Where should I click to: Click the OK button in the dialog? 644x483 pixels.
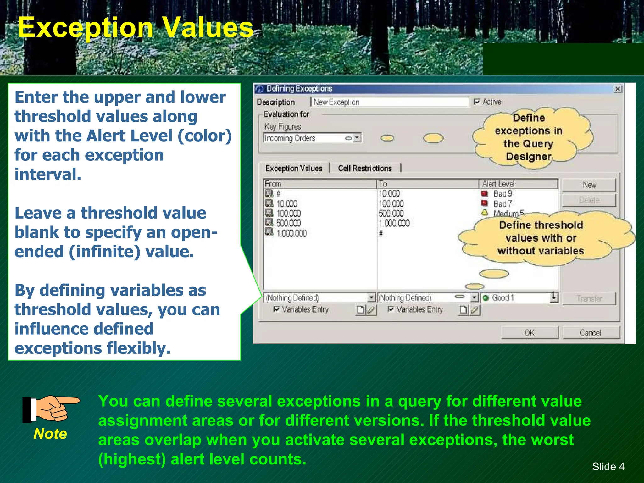point(530,332)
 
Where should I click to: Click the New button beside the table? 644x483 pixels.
point(589,185)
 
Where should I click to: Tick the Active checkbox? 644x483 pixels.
point(477,102)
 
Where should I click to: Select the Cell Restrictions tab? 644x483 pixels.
point(365,168)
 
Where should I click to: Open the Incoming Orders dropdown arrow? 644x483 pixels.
point(357,138)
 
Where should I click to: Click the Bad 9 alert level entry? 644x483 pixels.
point(502,194)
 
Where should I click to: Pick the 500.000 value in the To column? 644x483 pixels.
point(391,214)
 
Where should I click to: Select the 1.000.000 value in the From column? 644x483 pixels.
point(291,233)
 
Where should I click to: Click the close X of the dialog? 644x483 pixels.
point(618,89)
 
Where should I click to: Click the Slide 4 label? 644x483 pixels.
point(608,466)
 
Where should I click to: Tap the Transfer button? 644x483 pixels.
point(589,298)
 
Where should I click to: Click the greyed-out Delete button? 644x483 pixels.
point(589,200)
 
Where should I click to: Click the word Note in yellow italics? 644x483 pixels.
point(50,434)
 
